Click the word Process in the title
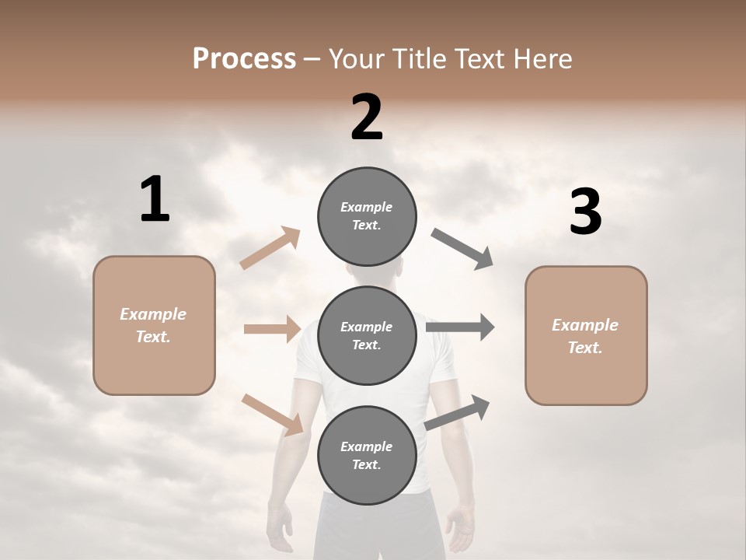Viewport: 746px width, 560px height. [244, 59]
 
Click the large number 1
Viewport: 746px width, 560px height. [155, 200]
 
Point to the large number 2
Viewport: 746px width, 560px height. [367, 117]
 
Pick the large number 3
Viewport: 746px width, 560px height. [585, 212]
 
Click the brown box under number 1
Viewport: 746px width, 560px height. [154, 325]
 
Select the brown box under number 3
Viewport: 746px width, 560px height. [586, 336]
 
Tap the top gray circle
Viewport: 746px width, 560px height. [367, 216]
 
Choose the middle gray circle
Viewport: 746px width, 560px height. [367, 336]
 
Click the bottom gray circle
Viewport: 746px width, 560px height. [367, 456]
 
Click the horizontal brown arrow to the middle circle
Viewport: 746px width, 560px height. [272, 329]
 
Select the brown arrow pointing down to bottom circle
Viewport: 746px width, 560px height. [273, 414]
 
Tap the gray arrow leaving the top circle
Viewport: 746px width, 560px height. [462, 249]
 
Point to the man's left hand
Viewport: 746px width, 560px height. [280, 526]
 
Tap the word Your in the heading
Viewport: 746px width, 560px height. [356, 59]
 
